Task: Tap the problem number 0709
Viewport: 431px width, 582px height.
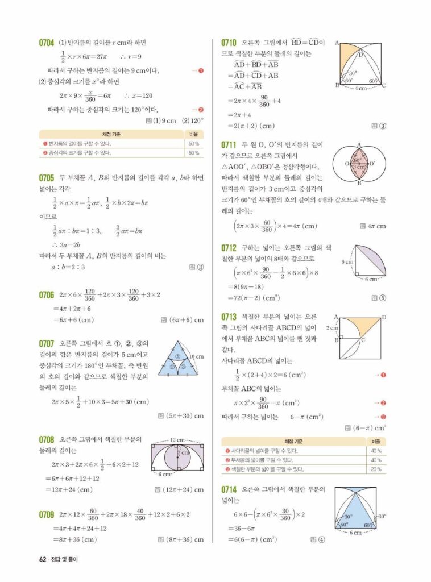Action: pos(47,514)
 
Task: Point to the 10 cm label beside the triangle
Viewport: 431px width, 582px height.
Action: pos(196,356)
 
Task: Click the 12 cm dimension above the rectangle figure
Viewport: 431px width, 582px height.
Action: pos(178,440)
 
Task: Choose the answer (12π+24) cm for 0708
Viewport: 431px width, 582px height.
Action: pos(183,489)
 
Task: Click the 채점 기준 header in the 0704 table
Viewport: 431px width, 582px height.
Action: pos(114,134)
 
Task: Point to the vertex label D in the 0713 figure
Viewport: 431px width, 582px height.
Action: pos(385,317)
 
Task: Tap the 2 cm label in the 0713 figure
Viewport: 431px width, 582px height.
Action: pos(332,328)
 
